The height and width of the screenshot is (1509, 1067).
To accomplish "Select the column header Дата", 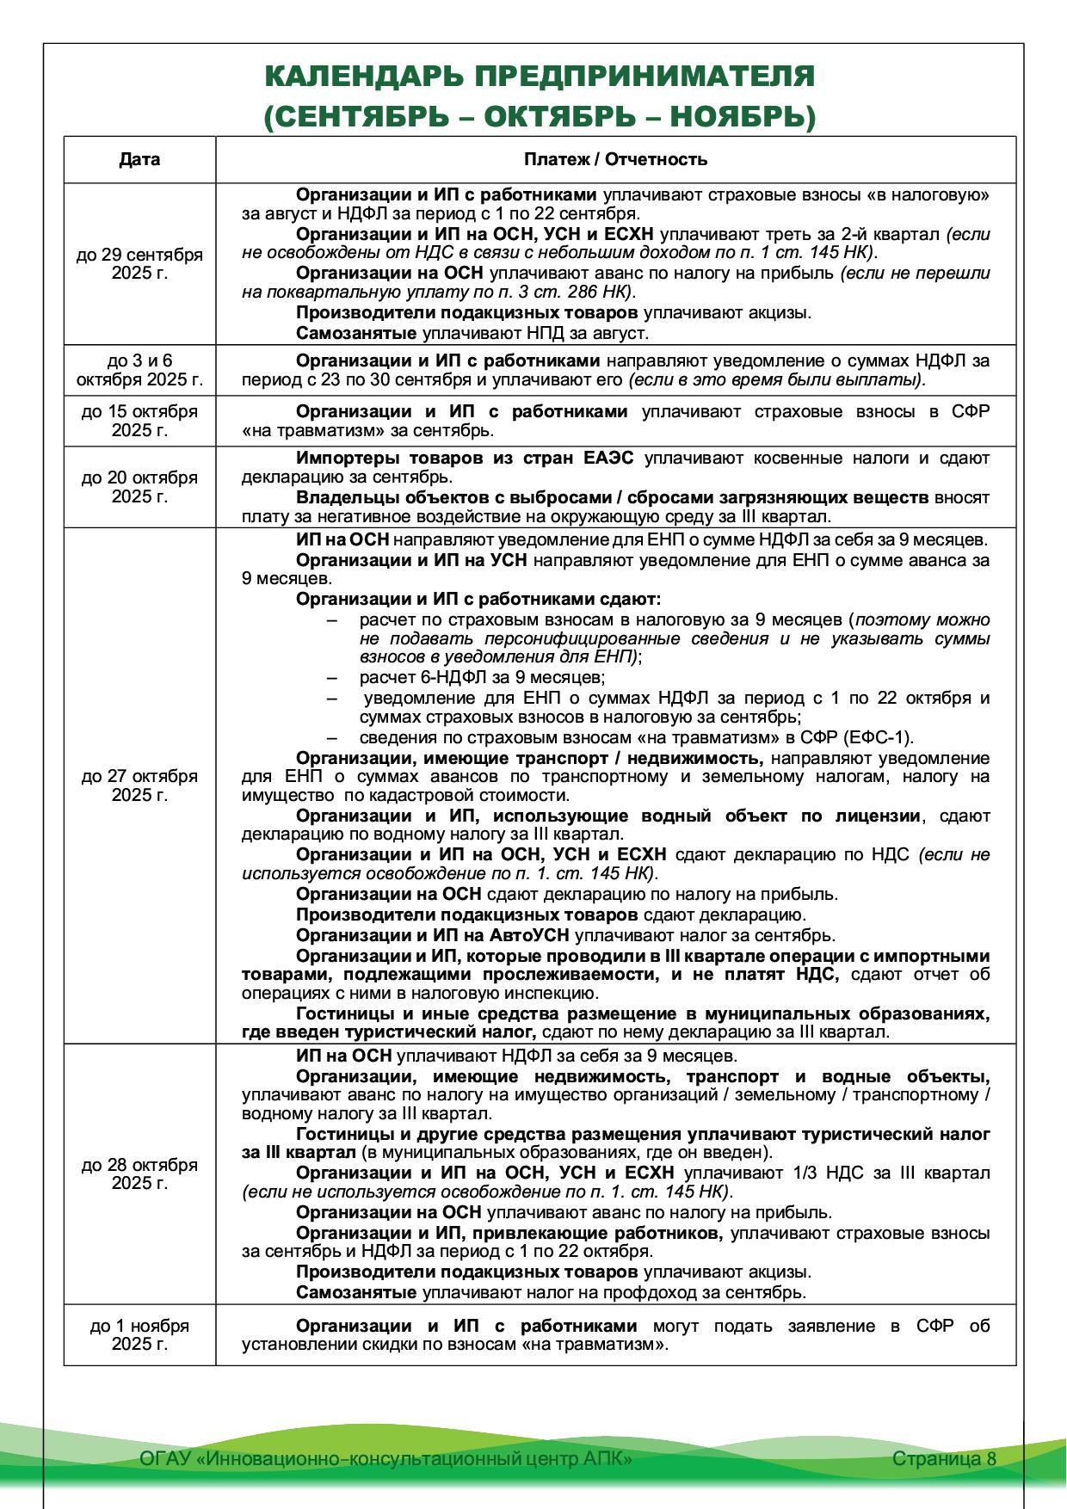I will click(139, 159).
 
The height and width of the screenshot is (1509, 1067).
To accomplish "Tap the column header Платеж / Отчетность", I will click(615, 159).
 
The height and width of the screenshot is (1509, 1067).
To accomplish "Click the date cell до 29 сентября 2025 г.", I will click(139, 263).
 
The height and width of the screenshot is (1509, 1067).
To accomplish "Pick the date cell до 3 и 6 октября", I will click(139, 370).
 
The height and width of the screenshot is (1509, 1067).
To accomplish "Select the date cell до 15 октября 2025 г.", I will click(139, 421).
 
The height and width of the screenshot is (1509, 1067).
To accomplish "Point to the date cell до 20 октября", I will click(139, 487).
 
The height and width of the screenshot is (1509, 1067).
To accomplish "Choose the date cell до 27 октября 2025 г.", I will click(139, 785).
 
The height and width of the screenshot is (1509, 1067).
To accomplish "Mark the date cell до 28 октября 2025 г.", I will click(139, 1173).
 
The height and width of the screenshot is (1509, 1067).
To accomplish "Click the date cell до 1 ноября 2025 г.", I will click(139, 1334).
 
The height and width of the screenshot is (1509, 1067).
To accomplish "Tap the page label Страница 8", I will click(944, 1458).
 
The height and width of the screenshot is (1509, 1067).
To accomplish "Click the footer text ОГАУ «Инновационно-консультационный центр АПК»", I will click(386, 1458).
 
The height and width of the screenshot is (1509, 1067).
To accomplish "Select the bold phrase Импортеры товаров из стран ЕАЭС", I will click(465, 459).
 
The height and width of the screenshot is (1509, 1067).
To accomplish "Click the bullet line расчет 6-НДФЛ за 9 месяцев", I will click(483, 677).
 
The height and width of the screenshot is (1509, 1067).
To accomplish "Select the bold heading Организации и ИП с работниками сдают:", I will click(478, 599).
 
